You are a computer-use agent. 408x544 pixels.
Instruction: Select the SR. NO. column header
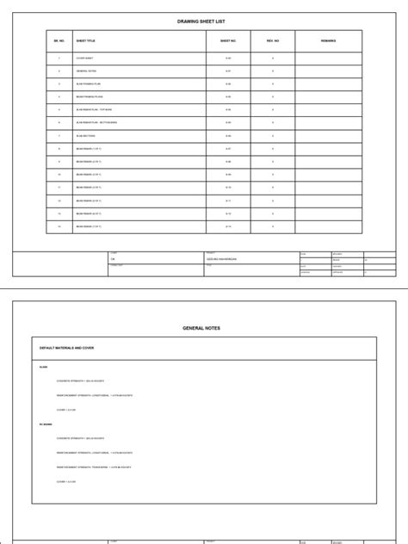pyautogui.click(x=59, y=40)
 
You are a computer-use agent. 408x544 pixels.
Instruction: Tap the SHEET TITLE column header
pyautogui.click(x=87, y=40)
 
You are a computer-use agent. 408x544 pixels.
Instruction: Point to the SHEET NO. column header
pyautogui.click(x=227, y=40)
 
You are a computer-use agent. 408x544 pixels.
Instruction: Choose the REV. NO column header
pyautogui.click(x=272, y=40)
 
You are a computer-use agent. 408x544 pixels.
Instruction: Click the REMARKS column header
pyautogui.click(x=328, y=40)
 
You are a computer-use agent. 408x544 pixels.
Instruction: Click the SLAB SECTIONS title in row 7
pyautogui.click(x=86, y=136)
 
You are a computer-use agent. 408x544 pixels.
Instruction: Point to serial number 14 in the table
pyautogui.click(x=59, y=226)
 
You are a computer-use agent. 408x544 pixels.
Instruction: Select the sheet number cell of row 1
pyautogui.click(x=227, y=58)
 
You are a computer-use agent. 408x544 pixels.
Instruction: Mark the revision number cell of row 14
pyautogui.click(x=272, y=226)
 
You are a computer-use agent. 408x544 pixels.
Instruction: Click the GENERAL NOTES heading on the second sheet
pyautogui.click(x=203, y=328)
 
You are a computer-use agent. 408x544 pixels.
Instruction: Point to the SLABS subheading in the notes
pyautogui.click(x=44, y=367)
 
